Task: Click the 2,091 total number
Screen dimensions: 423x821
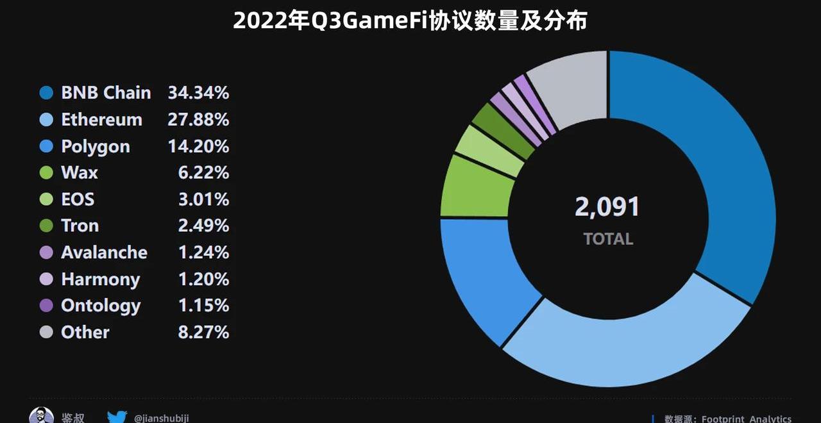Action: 607,207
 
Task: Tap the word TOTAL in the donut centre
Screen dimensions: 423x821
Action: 608,239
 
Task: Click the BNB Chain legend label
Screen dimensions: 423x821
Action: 106,93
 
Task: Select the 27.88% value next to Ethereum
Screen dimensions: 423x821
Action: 198,120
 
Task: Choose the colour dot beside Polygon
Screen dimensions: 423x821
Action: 46,147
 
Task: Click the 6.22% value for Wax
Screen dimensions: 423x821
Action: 203,173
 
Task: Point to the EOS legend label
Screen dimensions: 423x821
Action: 78,199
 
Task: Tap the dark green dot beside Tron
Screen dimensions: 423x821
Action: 46,226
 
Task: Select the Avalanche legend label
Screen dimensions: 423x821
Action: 104,253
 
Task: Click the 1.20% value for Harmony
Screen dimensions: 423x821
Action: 203,279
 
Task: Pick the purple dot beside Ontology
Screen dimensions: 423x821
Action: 46,306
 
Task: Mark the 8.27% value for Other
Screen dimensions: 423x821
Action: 203,333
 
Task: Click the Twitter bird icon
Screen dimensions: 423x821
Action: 117,417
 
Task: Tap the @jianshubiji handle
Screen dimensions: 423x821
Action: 161,418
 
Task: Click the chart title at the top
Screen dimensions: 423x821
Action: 410,21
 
